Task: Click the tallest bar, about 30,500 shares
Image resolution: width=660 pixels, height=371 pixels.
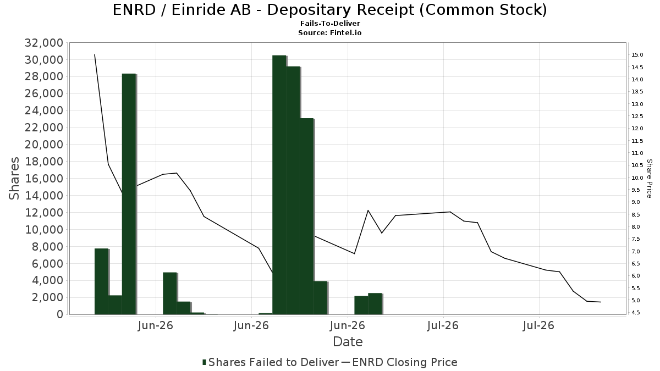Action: point(279,185)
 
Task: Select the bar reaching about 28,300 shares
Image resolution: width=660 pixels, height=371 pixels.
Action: point(129,194)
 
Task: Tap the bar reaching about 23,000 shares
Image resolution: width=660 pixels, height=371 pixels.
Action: point(307,217)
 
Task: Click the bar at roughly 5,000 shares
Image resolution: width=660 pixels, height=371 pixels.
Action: point(170,294)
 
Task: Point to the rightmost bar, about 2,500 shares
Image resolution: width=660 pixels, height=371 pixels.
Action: point(375,304)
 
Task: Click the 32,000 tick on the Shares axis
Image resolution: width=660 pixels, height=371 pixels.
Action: point(44,43)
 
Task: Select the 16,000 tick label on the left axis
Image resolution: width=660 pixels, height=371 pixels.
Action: point(44,179)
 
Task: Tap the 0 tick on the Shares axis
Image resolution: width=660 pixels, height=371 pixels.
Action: point(60,314)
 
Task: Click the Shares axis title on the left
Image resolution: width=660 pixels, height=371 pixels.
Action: point(14,179)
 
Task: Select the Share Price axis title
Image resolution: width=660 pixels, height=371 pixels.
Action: point(649,179)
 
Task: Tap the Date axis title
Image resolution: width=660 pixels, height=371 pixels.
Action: point(348,342)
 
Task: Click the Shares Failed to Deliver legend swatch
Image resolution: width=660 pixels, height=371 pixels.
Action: point(204,362)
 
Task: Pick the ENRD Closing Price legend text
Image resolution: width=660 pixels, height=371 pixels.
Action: point(405,362)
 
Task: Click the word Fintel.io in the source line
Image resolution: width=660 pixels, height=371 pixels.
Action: point(345,32)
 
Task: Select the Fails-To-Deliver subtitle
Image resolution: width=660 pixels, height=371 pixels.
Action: point(330,23)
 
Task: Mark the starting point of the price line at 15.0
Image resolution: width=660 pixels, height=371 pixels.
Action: point(95,55)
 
